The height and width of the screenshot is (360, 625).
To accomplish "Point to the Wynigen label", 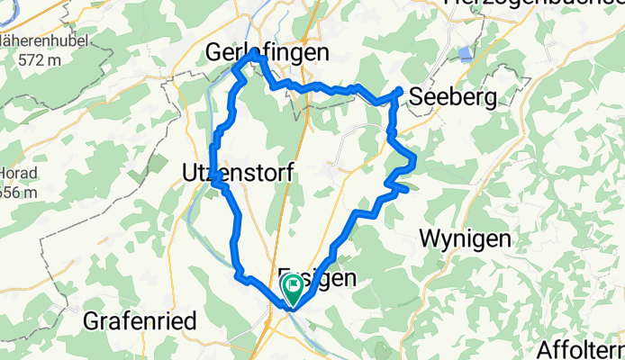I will tap(466, 239).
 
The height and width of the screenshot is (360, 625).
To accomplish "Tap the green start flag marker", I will tap(294, 288).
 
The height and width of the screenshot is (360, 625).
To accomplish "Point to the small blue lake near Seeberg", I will tap(464, 53).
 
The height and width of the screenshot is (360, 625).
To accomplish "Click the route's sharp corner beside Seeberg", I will tap(399, 91).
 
